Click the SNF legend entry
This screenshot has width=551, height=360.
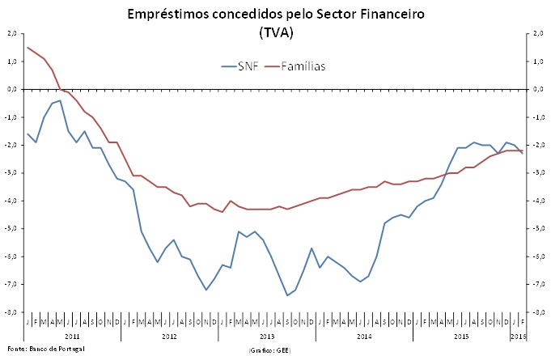click(248, 66)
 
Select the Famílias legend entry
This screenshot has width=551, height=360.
click(303, 66)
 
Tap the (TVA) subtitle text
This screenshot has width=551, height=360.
click(276, 33)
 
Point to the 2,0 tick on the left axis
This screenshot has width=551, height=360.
click(11, 33)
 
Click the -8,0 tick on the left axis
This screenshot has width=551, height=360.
click(11, 312)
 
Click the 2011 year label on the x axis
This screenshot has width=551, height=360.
click(72, 334)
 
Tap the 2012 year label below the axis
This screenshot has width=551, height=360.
click(169, 334)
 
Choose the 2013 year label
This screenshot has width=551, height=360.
click(266, 334)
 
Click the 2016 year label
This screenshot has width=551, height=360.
click(518, 334)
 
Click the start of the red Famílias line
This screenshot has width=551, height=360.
click(28, 48)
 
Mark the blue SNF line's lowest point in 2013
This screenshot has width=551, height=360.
click(287, 295)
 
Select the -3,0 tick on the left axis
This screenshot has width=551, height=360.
click(11, 173)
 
